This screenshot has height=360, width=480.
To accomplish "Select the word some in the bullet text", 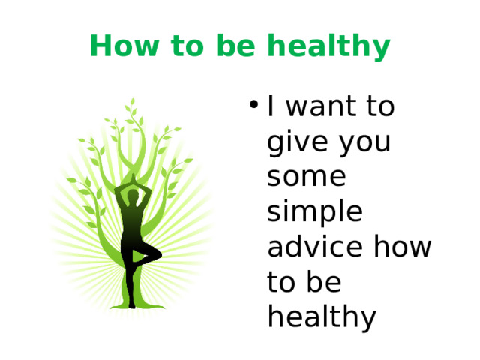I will [x=307, y=178].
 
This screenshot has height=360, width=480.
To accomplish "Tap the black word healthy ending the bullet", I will [x=320, y=317].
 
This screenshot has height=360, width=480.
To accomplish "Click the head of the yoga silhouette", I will [x=133, y=196].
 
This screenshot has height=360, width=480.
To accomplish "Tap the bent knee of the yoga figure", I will [x=156, y=256].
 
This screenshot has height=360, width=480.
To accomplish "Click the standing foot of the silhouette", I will [x=132, y=304].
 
